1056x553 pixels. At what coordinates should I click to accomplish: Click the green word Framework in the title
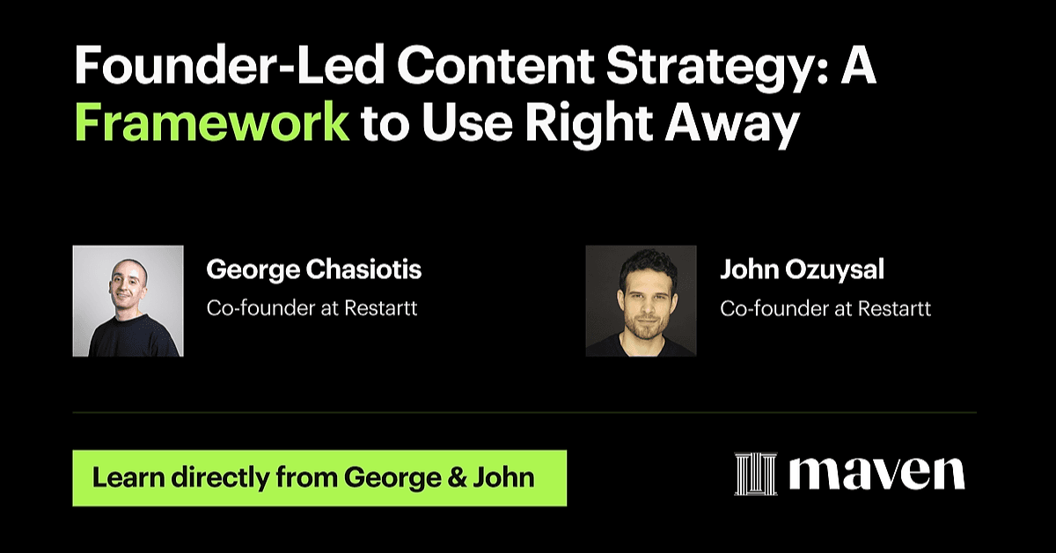coord(212,122)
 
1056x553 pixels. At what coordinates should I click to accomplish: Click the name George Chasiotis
coord(314,269)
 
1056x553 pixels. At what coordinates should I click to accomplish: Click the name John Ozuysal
coord(802,269)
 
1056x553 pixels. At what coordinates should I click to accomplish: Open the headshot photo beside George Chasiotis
coord(128,300)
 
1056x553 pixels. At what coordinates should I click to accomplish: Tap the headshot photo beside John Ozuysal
coord(642,300)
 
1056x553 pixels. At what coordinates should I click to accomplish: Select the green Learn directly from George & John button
coord(319,478)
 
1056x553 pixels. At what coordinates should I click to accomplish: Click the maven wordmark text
coord(876,473)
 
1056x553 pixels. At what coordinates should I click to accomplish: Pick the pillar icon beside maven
coord(756,474)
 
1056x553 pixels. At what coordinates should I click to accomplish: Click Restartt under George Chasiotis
coord(381,308)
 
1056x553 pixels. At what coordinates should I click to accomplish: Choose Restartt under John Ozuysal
coord(894,309)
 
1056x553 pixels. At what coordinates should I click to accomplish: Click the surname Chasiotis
coord(364,269)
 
